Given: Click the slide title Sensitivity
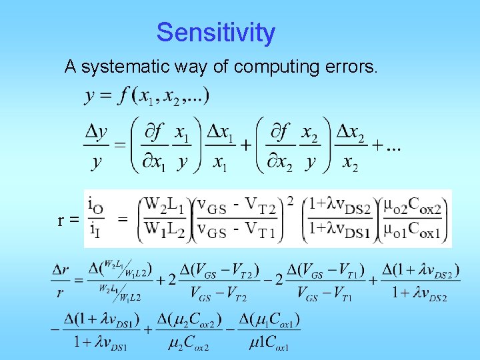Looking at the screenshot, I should tap(215, 33).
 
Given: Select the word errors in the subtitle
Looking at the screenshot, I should tap(352, 67).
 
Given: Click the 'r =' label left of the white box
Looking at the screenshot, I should tap(68, 219).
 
